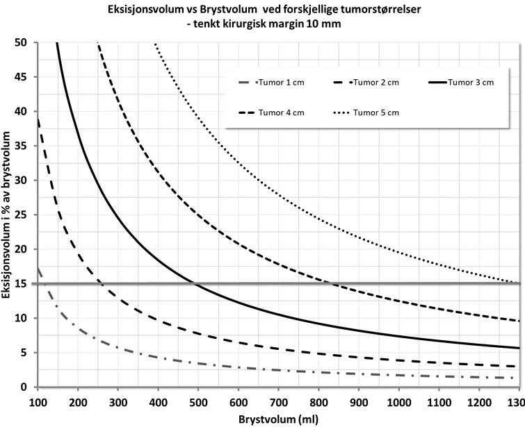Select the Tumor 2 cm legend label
click(x=375, y=83)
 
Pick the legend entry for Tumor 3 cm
click(x=470, y=83)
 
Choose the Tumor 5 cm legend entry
click(x=375, y=112)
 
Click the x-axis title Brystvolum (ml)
click(x=277, y=419)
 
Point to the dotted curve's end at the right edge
click(x=519, y=283)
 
